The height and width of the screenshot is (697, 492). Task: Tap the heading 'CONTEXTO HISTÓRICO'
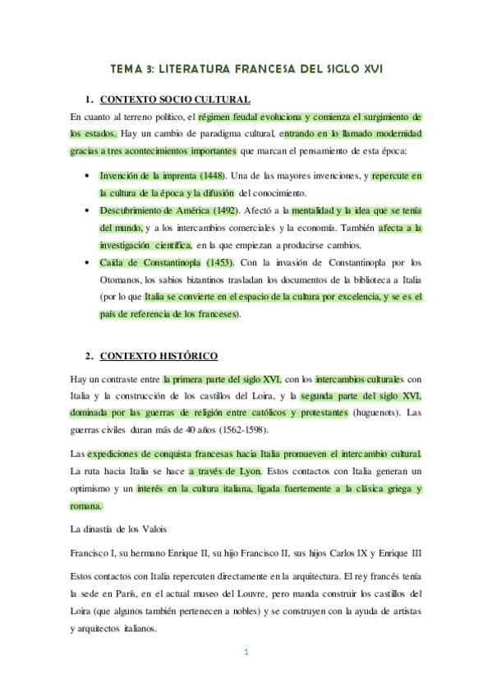tap(159, 356)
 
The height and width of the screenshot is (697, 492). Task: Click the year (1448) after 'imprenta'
tap(209, 176)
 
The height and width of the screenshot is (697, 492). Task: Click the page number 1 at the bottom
tap(245, 653)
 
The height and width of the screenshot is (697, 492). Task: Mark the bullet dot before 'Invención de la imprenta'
tap(88, 177)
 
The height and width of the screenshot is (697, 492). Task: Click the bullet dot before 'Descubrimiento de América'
tap(88, 211)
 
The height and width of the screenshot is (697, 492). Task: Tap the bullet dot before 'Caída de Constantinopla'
tap(88, 263)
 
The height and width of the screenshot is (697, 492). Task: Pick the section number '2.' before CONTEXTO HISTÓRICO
tap(90, 356)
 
